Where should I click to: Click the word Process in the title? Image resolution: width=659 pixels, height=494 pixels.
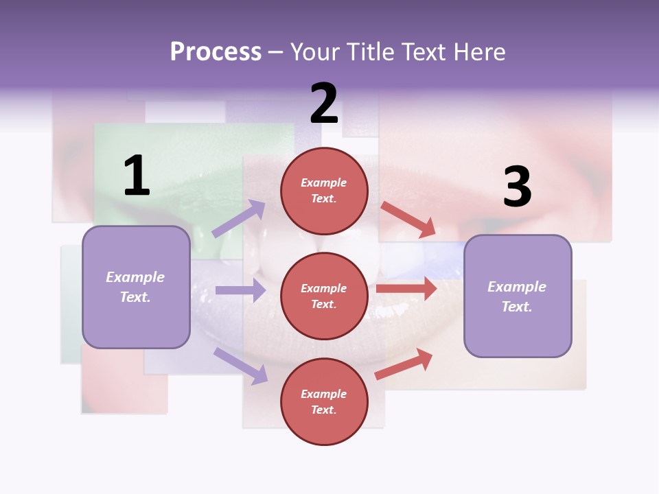[x=216, y=52]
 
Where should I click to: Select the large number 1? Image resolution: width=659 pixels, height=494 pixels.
[x=137, y=176]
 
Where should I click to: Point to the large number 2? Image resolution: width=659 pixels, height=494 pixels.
[x=324, y=104]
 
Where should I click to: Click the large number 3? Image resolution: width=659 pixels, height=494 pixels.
[x=517, y=187]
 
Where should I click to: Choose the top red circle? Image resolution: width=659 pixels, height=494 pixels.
[x=324, y=191]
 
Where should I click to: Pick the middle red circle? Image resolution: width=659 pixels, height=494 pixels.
[x=324, y=296]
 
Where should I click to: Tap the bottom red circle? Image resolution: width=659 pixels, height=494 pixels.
[x=324, y=401]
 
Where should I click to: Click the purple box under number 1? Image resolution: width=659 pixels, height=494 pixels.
[x=136, y=287]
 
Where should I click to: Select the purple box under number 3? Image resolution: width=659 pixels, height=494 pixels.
[x=518, y=296]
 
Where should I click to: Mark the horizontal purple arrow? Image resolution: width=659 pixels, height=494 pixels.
[x=240, y=290]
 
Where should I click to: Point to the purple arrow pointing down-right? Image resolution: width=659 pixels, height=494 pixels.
[x=240, y=366]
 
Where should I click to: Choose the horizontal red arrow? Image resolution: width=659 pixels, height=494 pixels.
[x=406, y=288]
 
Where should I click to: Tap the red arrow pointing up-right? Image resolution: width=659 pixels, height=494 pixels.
[x=404, y=364]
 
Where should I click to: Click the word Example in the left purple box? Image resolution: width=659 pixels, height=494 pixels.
[x=135, y=277]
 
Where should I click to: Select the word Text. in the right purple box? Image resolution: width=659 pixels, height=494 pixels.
[x=517, y=307]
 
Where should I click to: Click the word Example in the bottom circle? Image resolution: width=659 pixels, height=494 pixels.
[x=324, y=394]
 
